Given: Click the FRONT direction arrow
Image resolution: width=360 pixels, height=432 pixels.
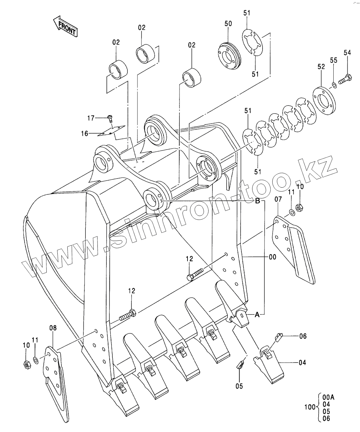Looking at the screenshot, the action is pos(65,27).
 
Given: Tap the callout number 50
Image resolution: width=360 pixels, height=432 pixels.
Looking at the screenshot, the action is pos(228,24).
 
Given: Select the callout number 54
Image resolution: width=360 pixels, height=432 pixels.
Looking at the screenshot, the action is pos(347,53).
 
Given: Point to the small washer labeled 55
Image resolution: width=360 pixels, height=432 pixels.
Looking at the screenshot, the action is pos(334,85).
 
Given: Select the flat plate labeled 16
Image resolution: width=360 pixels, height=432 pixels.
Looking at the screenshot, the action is pos(111,131).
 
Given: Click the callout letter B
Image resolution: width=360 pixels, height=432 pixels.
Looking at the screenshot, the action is pos(258,201).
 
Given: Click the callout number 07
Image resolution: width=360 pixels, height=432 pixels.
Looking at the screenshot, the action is pos(278,199).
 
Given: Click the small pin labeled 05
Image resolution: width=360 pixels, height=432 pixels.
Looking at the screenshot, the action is pos(240,365).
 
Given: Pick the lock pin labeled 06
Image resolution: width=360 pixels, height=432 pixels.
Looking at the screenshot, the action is pos(278,337).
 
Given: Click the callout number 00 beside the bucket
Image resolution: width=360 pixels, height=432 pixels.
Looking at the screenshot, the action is pos(273,257).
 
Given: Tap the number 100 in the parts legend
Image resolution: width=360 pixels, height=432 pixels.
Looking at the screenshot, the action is pos(310,407).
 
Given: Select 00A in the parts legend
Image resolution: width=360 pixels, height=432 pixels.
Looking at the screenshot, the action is pos(329,397).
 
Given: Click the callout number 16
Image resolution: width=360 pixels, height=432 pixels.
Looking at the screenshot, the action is pos(84,134).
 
